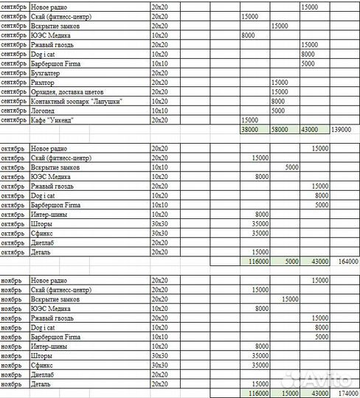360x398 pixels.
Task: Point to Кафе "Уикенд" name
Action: coord(52,119)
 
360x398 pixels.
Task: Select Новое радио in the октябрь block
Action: coord(52,148)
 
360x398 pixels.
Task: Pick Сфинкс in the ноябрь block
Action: coord(44,365)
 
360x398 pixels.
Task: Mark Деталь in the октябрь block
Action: coord(43,251)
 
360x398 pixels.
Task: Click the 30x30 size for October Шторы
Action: coord(159,223)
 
